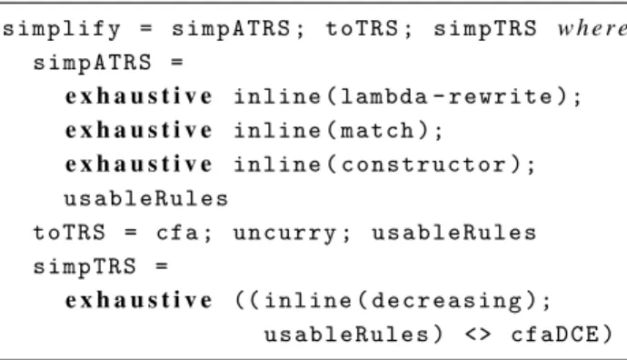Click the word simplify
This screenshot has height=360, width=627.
point(62,30)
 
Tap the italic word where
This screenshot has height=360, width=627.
point(592,28)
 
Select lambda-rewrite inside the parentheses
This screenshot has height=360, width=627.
point(447,96)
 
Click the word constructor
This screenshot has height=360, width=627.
point(424,165)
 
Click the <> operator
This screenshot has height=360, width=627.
point(478,335)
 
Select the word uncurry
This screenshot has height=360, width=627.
point(284,234)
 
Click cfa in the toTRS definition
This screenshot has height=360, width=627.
point(177,233)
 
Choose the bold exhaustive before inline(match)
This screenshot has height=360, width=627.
point(139,130)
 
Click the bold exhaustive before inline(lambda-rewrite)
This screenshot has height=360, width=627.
point(139,96)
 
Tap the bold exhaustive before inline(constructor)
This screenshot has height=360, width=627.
point(139,165)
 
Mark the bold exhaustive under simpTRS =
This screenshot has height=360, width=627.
point(139,300)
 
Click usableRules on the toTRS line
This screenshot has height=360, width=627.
point(454,233)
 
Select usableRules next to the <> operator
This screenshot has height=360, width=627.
point(346,335)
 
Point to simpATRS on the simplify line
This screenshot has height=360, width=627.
point(231,29)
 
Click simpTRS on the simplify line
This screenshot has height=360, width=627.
point(485,30)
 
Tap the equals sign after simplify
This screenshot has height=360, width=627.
point(146,29)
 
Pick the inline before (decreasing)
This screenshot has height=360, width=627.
point(308,300)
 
